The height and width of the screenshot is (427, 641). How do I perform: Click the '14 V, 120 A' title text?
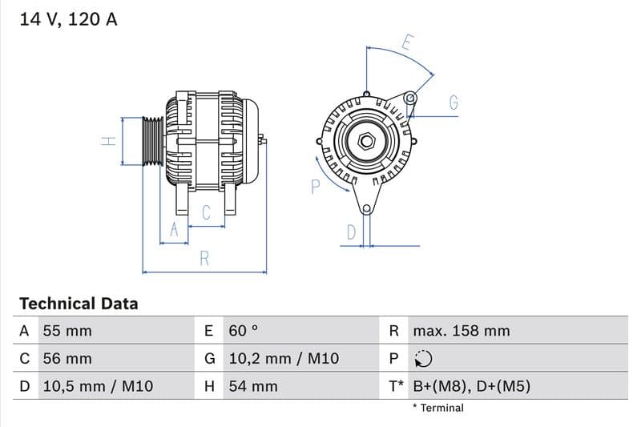(x=68, y=20)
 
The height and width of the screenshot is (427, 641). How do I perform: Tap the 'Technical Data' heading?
(x=79, y=304)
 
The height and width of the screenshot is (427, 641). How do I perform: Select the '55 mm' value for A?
(x=67, y=331)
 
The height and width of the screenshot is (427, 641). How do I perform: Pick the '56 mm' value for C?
(x=67, y=358)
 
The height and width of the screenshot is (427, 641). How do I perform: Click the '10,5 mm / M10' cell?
(x=97, y=386)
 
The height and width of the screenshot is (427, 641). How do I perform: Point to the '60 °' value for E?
(x=244, y=331)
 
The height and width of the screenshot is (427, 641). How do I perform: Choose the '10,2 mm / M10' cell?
(x=283, y=358)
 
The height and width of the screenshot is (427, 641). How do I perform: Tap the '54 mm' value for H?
(x=252, y=386)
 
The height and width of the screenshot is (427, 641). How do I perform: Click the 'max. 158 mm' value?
(x=461, y=331)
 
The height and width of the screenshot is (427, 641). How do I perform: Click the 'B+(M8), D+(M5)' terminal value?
(x=471, y=386)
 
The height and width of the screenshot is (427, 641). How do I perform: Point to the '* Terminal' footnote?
(x=437, y=408)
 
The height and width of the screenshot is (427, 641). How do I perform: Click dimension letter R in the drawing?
(x=205, y=259)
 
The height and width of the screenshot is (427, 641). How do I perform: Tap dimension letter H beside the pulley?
(x=110, y=142)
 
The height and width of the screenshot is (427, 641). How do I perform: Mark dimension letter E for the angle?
(x=406, y=43)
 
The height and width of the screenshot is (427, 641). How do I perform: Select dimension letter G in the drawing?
(x=454, y=103)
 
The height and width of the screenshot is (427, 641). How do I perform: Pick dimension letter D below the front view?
(x=351, y=232)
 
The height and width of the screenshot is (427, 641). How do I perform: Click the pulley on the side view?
(x=152, y=142)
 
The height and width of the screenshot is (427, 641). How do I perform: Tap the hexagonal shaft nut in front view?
(x=367, y=142)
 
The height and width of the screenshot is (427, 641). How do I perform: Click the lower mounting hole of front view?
(x=367, y=209)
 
